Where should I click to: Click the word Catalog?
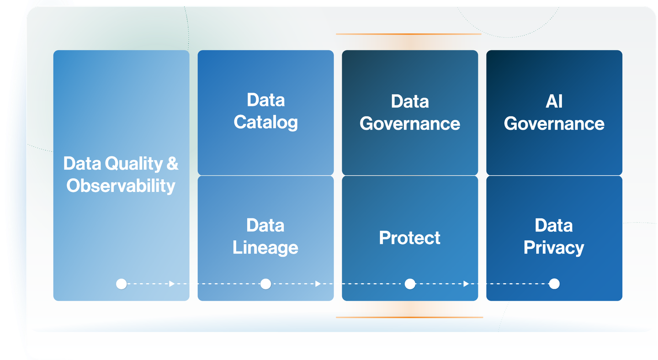click(265, 122)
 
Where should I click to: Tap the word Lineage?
click(265, 248)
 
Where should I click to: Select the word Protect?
click(409, 238)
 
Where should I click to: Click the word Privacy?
click(554, 248)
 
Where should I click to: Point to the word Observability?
click(121, 186)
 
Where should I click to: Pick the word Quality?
click(133, 164)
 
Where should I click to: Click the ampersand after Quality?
click(172, 163)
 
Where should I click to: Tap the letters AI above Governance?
click(554, 101)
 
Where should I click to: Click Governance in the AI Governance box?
click(554, 124)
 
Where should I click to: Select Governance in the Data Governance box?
click(410, 124)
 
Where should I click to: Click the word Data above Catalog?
click(265, 100)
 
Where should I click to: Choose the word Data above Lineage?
click(265, 226)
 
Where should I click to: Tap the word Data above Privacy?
click(554, 226)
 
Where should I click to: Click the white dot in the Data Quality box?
click(122, 284)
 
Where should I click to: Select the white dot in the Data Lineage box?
click(265, 284)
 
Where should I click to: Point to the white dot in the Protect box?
click(410, 284)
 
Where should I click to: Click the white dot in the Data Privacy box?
click(554, 284)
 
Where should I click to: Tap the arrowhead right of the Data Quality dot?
click(172, 284)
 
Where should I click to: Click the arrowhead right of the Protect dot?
click(466, 284)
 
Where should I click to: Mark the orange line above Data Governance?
click(409, 34)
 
